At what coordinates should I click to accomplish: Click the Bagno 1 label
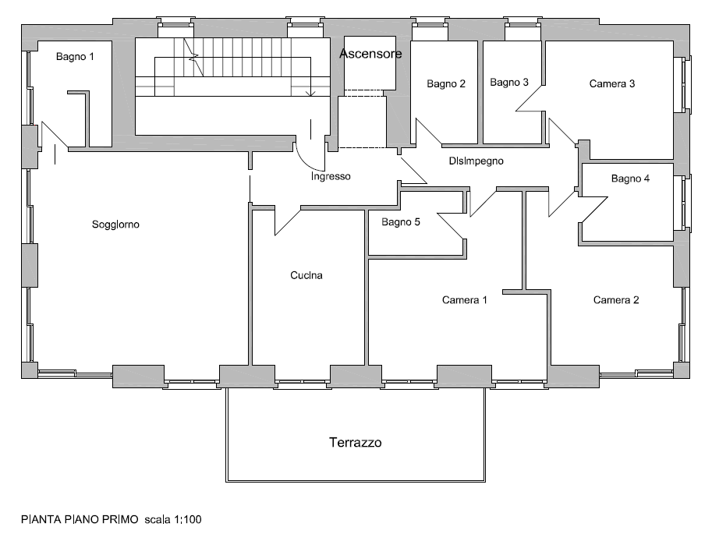coord(75,57)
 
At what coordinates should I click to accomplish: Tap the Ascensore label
coord(370,54)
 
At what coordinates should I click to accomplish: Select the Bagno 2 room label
coord(446,84)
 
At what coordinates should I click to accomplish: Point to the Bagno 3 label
coord(509,83)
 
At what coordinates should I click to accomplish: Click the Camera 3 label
coord(611,83)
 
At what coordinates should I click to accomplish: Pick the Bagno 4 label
coord(630,179)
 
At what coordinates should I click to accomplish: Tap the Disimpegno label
coord(476,161)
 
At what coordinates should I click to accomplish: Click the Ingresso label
coord(331,176)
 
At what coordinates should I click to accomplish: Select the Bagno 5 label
coord(401,222)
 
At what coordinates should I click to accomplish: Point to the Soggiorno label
coord(115,225)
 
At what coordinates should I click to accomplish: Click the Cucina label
coord(306,275)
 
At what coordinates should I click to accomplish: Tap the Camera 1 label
coord(464,299)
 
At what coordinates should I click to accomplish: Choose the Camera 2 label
coord(616,299)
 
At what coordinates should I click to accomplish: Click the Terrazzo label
coord(355,442)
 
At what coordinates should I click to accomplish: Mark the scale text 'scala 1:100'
coord(173,519)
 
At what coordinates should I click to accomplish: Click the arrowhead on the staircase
coord(310,94)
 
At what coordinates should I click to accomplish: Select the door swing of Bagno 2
coord(429,133)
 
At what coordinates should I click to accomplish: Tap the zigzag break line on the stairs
coord(193,57)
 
